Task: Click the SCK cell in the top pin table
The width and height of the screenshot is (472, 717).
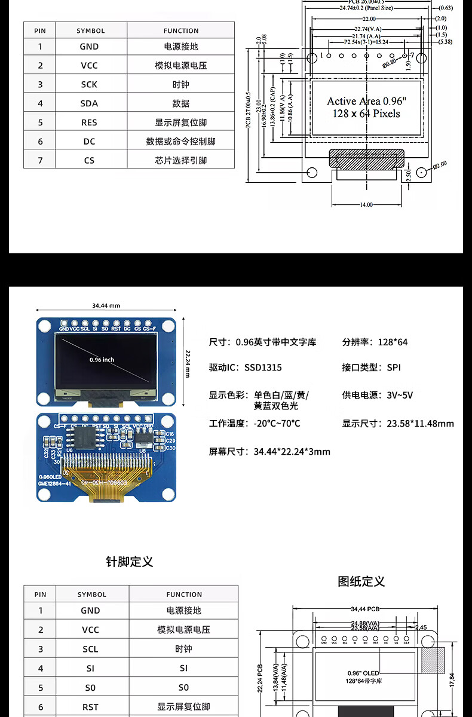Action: coord(89,84)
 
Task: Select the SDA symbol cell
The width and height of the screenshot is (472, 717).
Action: coord(89,103)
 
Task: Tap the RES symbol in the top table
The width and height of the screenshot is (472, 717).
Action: coord(89,122)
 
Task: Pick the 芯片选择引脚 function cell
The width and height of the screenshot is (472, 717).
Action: coord(181,160)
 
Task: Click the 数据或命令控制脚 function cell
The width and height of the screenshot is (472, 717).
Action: coord(181,142)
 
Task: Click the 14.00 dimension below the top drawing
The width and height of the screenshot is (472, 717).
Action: coord(366,204)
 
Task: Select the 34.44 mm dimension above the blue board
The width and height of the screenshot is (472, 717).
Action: coord(106,305)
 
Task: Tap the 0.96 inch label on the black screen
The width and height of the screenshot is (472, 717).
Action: coord(102,360)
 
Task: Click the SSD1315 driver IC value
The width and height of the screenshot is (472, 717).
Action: coord(263,367)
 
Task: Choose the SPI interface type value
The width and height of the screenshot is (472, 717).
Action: coord(394,367)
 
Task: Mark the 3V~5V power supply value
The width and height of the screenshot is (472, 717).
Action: coord(400,395)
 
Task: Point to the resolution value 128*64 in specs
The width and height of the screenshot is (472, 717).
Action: coord(393,342)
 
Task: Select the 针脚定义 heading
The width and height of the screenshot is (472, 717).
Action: coord(130,562)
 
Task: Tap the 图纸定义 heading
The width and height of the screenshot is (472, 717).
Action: coord(361,581)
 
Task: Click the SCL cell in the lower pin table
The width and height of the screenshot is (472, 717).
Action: coord(90,649)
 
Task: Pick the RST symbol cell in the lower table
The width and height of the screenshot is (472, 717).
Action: coord(90,707)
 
